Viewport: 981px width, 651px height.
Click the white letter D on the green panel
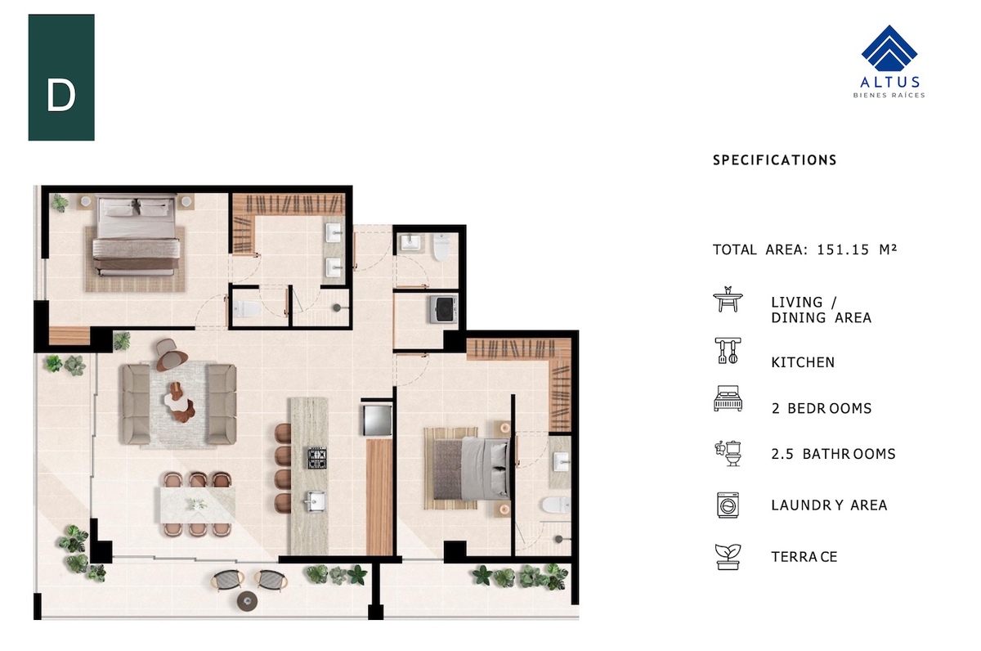coord(60,96)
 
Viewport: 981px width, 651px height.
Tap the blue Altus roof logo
coord(889,48)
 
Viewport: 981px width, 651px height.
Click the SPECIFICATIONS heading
coord(775,160)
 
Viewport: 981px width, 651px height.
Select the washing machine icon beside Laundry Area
coord(728,505)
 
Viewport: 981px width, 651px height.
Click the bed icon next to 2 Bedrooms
coord(728,398)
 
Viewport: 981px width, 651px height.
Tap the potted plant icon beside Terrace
coord(728,557)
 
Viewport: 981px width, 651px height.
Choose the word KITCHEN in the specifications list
coord(803,362)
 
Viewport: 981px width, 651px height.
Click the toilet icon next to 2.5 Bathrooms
coord(728,453)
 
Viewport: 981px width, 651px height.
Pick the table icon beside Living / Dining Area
coord(728,299)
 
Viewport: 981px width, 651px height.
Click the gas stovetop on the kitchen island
coord(316,458)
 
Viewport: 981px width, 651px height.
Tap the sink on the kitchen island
coord(316,501)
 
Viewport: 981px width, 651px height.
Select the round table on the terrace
coord(247,600)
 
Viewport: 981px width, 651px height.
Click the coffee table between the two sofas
coord(180,402)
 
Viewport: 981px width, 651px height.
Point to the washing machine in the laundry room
coord(443,310)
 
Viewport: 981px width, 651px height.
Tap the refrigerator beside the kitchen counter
coord(377,420)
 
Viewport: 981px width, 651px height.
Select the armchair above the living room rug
coord(170,354)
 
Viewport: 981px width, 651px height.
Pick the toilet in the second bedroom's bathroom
coord(556,505)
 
